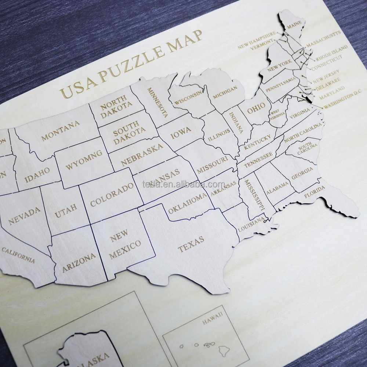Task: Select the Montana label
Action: [x=60, y=131]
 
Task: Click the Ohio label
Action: [x=256, y=108]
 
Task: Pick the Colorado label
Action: [x=112, y=195]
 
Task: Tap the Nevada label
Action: [x=24, y=215]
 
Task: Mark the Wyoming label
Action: [x=84, y=161]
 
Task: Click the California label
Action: [x=18, y=255]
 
